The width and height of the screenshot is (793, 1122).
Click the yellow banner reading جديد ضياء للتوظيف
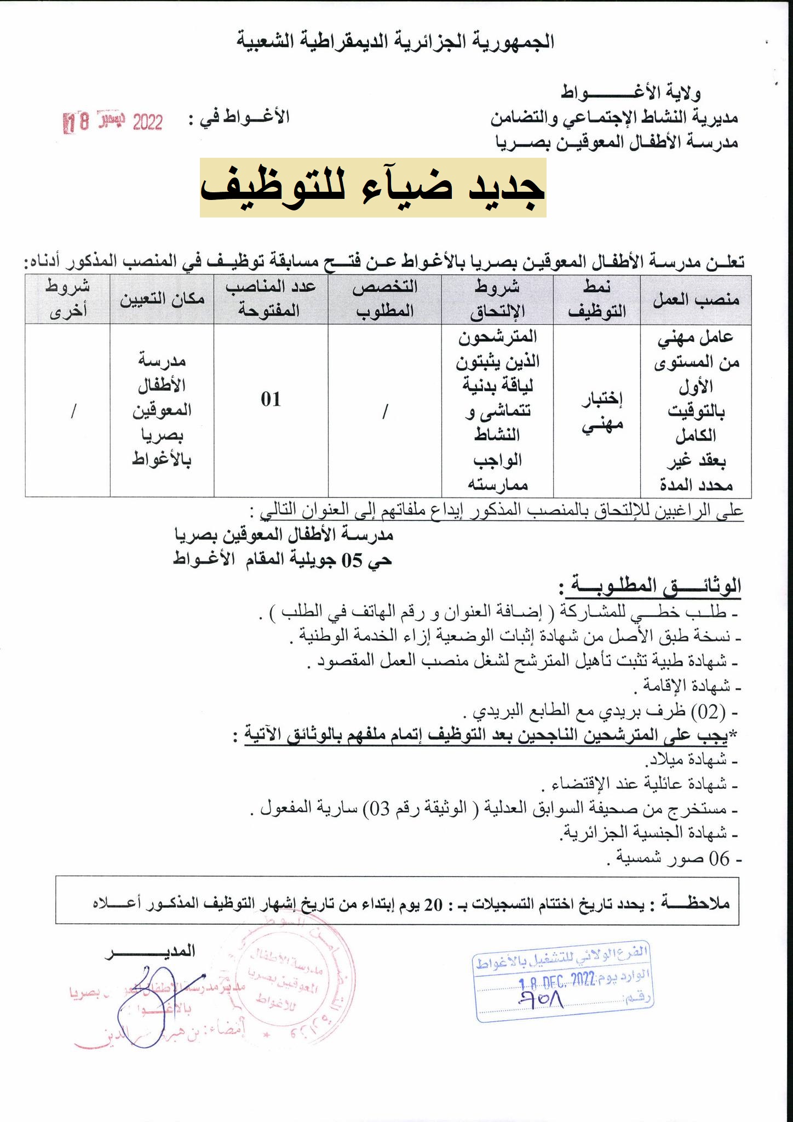point(372,187)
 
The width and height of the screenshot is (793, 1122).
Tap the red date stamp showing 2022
point(114,121)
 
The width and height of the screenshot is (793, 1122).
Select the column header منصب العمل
point(696,300)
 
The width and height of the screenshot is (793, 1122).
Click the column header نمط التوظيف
point(596,300)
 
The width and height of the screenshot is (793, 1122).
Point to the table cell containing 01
point(271,399)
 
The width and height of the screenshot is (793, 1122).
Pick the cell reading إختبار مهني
point(601,411)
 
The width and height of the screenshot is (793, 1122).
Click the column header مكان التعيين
point(162,299)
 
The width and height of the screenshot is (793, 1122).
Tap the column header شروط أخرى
point(67,300)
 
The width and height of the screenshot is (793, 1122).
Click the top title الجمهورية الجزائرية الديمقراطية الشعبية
point(395,42)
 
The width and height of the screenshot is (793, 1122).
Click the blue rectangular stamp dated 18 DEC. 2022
point(563,982)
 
